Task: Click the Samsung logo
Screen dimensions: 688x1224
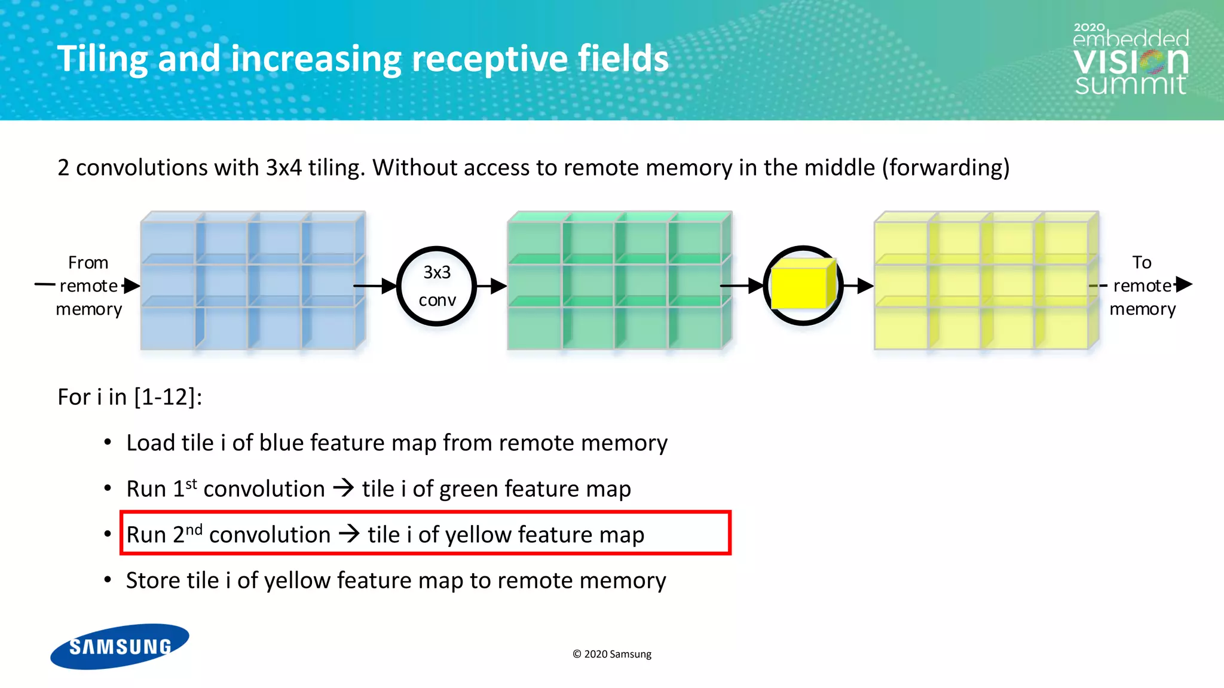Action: [x=120, y=646]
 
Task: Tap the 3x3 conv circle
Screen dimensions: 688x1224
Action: [x=437, y=286]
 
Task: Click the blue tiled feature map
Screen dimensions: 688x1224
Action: [x=253, y=281]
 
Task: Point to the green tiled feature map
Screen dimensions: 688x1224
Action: [x=619, y=281]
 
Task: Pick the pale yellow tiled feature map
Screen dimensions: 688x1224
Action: [x=986, y=281]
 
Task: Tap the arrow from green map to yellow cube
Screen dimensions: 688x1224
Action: [x=742, y=286]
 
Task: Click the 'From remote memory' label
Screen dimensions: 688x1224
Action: [x=88, y=285]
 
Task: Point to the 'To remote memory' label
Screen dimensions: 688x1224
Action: [x=1142, y=285]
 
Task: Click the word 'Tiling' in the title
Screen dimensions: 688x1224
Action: [x=102, y=60]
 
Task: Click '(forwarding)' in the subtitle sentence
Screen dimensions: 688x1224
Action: [x=945, y=168]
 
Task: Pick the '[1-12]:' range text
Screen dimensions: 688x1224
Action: [x=168, y=397]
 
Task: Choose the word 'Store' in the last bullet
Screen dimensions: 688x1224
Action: [x=153, y=580]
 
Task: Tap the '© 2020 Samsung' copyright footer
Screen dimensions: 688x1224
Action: [x=612, y=654]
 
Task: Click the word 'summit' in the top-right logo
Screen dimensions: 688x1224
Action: [x=1130, y=84]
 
